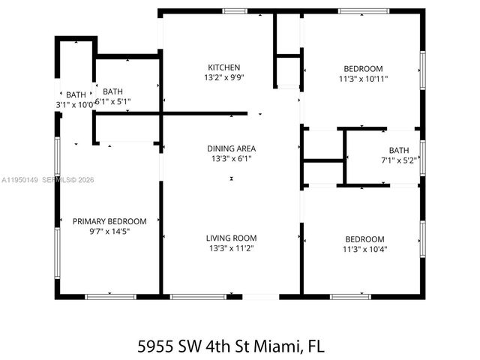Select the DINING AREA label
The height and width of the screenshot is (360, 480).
point(232,148)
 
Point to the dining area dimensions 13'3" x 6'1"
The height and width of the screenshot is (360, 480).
point(232,159)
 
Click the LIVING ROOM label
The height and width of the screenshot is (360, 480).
point(232,238)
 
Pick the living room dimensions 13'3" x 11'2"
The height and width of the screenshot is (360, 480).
point(232,249)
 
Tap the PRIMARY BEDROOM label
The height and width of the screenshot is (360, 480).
point(109,221)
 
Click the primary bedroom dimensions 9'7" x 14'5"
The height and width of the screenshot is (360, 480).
point(109,232)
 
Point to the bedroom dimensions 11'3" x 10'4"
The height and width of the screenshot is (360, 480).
point(363,249)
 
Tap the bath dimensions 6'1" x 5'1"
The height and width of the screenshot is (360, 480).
point(113,102)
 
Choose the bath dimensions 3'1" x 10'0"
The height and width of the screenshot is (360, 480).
point(76,105)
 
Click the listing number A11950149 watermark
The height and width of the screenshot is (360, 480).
point(19,180)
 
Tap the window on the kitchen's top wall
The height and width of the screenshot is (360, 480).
point(235,11)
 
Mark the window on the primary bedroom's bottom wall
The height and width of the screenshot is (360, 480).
point(110,297)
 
